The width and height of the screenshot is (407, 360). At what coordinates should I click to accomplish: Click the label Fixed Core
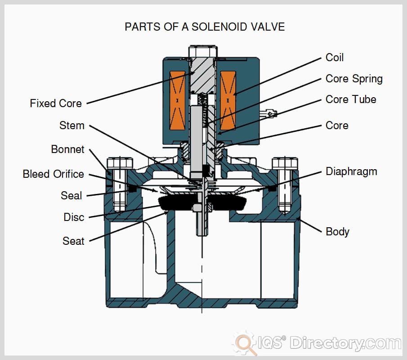(x=56, y=103)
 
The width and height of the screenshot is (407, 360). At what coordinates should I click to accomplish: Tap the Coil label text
(x=335, y=58)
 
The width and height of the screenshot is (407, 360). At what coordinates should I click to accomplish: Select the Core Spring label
(x=354, y=79)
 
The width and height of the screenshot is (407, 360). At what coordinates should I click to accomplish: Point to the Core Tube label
(x=351, y=99)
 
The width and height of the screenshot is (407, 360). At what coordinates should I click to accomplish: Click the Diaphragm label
(x=351, y=171)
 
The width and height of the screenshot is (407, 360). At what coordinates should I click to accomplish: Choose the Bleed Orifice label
(x=54, y=174)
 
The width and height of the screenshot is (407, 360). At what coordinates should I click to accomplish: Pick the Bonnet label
(x=67, y=149)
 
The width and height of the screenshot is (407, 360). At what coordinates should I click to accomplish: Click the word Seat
(x=73, y=241)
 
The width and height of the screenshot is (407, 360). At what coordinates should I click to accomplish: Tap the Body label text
(x=337, y=232)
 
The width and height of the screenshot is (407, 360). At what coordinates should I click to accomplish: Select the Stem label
(x=72, y=125)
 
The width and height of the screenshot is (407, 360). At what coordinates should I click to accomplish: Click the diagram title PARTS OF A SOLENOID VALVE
(x=205, y=27)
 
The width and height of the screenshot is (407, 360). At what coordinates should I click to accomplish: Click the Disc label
(x=74, y=217)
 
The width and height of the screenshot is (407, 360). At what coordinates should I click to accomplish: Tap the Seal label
(x=72, y=196)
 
